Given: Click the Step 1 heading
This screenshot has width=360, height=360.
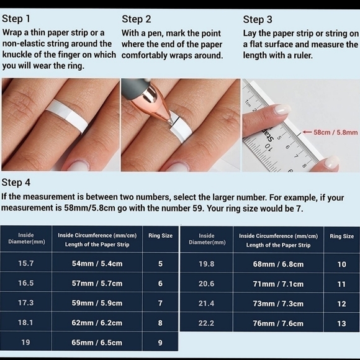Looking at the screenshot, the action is click(x=16, y=19).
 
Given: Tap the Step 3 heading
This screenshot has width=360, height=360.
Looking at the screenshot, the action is click(x=258, y=19).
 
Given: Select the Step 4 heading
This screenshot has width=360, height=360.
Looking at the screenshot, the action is click(x=16, y=182).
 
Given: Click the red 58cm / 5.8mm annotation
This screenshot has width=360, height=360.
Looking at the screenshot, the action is click(x=335, y=132).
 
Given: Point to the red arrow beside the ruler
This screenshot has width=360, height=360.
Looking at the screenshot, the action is click(x=307, y=132).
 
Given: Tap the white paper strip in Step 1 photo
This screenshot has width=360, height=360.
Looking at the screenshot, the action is click(x=66, y=117).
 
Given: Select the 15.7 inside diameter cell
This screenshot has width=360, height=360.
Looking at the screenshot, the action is click(x=25, y=263).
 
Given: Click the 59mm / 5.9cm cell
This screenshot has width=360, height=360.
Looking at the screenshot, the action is click(x=97, y=303).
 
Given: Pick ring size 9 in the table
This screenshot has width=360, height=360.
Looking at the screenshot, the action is click(x=160, y=343).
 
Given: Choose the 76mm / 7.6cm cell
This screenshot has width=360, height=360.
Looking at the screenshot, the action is click(x=278, y=323).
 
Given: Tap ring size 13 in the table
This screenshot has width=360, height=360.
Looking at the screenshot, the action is click(x=341, y=323).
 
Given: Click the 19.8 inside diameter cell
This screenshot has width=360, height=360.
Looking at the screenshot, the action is click(x=207, y=264).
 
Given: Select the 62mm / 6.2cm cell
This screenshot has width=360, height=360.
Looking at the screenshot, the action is click(x=97, y=323).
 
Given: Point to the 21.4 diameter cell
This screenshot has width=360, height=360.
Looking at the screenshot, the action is click(x=207, y=304).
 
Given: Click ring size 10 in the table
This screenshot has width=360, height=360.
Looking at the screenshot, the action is click(x=341, y=264).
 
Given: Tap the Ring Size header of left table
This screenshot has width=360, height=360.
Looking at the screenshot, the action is click(x=160, y=236).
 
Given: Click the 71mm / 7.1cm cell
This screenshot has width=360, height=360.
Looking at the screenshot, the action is click(x=278, y=284).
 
